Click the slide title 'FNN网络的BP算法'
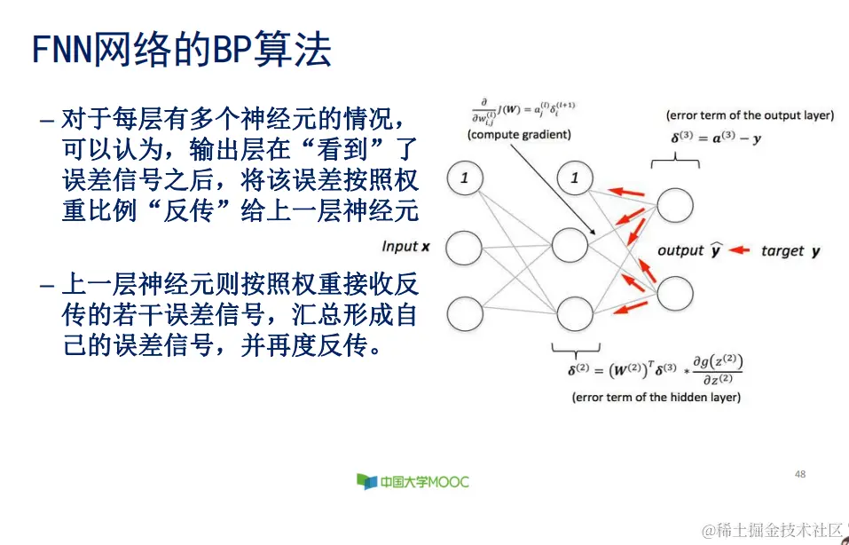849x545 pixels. (182, 51)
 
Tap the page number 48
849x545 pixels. (800, 475)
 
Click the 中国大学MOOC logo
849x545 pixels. (413, 482)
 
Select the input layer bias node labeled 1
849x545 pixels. (464, 178)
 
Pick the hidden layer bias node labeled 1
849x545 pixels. (574, 178)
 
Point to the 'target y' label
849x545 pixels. (790, 251)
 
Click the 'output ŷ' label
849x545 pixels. (688, 251)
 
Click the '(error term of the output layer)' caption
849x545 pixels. (750, 115)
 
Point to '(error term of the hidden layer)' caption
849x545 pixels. (656, 397)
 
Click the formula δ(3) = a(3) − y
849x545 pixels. (716, 139)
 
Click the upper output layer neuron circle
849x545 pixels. (675, 205)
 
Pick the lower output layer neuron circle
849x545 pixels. (675, 292)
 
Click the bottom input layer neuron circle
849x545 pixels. (464, 313)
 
